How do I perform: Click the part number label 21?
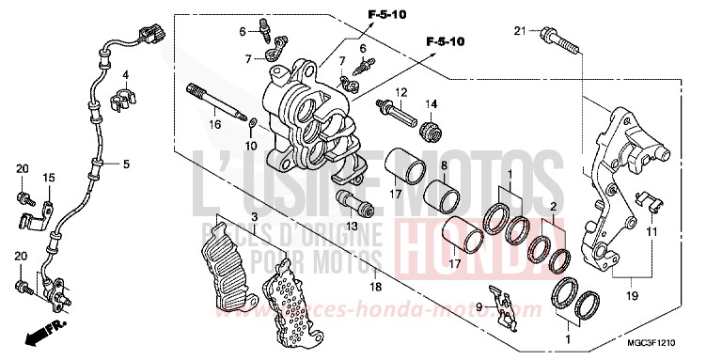518,33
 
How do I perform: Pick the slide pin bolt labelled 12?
396,115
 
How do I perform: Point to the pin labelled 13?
353,201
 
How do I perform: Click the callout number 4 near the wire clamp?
124,74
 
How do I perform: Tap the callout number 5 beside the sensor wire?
124,164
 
